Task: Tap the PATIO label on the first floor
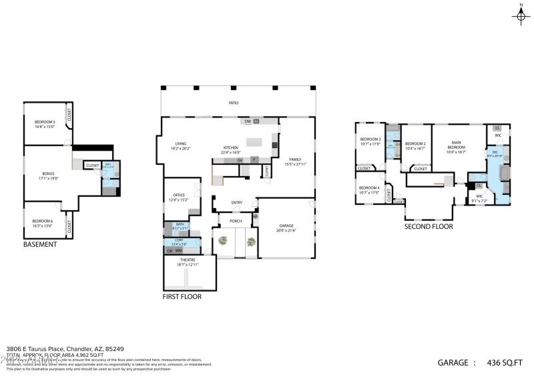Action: pyautogui.click(x=234, y=103)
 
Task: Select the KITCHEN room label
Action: pyautogui.click(x=230, y=147)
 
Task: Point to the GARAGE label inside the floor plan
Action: pyautogui.click(x=286, y=226)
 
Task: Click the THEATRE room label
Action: pyautogui.click(x=188, y=260)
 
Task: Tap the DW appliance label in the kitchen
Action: pyautogui.click(x=248, y=121)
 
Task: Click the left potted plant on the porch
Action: pyautogui.click(x=222, y=242)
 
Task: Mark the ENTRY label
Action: pyautogui.click(x=237, y=203)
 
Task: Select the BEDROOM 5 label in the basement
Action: pyautogui.click(x=45, y=121)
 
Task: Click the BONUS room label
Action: pyautogui.click(x=47, y=173)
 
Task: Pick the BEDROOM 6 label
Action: pyautogui.click(x=42, y=221)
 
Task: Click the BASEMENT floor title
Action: pyautogui.click(x=40, y=244)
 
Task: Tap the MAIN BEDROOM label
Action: pyautogui.click(x=456, y=144)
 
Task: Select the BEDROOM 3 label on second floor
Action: pyautogui.click(x=370, y=139)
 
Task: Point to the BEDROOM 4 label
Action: pyautogui.click(x=369, y=188)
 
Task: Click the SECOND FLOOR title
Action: pyautogui.click(x=429, y=227)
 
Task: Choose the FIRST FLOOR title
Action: pyautogui.click(x=182, y=296)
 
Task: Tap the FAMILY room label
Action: pyautogui.click(x=295, y=159)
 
